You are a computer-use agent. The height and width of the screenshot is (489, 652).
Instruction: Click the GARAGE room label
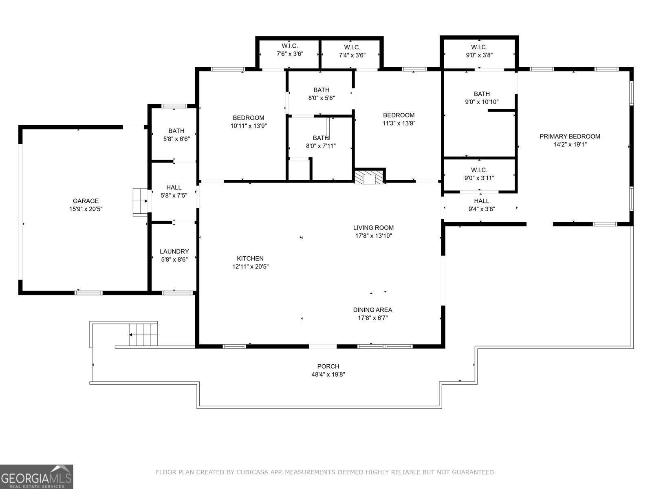coord(86,201)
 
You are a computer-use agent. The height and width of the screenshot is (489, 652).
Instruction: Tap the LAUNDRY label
coord(174,251)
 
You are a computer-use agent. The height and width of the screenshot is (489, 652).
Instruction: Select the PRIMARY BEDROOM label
coord(570,137)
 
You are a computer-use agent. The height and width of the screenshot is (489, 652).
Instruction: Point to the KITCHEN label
coord(250,259)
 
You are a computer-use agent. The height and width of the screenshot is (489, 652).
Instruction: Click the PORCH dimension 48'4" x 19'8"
coord(328,374)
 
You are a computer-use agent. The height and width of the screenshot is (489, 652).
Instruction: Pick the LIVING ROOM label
coord(373,228)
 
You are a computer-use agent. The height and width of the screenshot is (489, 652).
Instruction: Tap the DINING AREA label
coord(372,310)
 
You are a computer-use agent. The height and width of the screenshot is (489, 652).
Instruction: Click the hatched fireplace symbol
coord(369,177)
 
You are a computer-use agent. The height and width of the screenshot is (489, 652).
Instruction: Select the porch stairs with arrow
coord(143,335)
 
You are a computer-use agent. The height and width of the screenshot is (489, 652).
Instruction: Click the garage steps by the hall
coord(140,201)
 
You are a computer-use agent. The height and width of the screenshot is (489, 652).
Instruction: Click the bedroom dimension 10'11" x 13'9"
coord(249,126)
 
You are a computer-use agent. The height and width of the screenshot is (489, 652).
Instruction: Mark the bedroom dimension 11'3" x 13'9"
coord(399,123)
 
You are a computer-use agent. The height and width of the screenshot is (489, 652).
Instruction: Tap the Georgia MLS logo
coord(36,476)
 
